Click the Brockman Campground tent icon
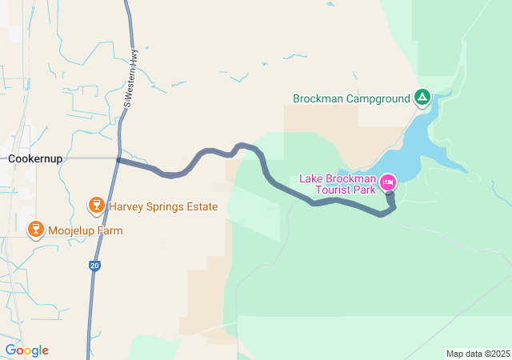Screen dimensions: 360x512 (422, 98)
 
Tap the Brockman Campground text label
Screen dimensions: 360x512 (350, 99)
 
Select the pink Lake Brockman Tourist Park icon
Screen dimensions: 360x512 (388, 182)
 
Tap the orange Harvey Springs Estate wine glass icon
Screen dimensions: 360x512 (96, 206)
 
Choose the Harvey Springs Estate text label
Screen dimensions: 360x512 (163, 206)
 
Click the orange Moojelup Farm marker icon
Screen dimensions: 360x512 (35, 230)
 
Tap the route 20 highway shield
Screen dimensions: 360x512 (95, 266)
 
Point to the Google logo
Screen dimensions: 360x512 (26, 350)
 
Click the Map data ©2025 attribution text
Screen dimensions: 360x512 (478, 354)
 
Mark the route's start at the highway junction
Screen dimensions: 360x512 (118, 160)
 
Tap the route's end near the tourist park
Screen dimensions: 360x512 (390, 194)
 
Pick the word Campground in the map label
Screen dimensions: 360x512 (378, 99)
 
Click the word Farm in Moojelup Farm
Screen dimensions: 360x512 (110, 230)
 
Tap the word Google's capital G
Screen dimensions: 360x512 (10, 350)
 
